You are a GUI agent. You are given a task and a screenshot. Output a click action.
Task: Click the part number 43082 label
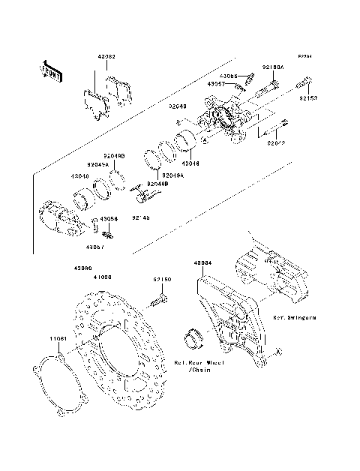[106, 57]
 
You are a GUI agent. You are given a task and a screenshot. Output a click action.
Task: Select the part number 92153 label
[309, 97]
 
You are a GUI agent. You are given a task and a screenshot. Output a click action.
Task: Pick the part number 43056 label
[109, 218]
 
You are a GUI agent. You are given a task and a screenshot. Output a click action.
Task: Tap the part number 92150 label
[163, 279]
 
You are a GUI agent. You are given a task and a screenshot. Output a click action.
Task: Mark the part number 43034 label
[202, 264]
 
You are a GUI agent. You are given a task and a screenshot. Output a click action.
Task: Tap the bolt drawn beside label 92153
[307, 81]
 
